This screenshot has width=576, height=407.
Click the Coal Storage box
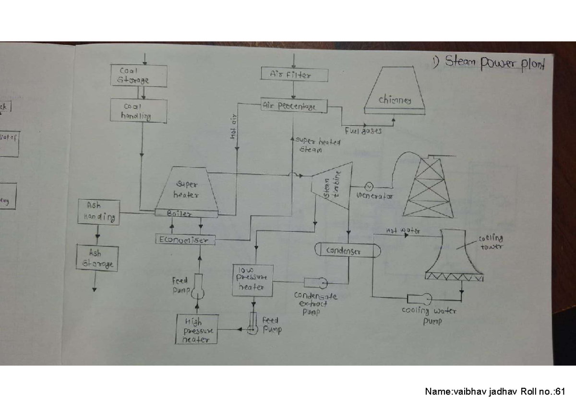point(139,76)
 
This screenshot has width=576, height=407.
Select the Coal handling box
point(139,111)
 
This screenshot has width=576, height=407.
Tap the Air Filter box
point(293,74)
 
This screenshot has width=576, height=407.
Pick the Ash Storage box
point(97,258)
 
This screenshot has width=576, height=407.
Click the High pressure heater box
point(196,329)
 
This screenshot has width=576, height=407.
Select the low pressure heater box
point(252,279)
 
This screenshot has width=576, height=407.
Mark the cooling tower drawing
point(454,254)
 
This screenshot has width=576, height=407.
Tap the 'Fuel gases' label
point(363,131)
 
